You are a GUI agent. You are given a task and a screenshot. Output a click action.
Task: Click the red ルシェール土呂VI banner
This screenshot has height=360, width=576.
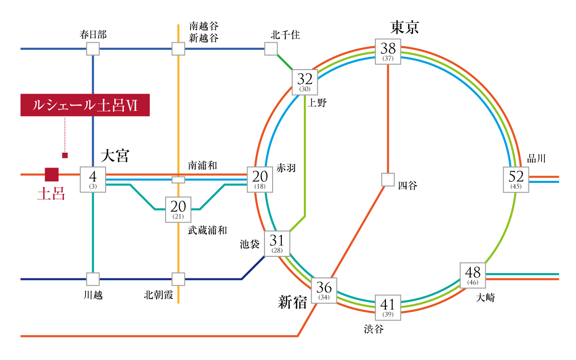pyautogui.click(x=85, y=105)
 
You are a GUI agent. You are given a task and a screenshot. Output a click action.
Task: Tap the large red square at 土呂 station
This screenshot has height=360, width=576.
pyautogui.click(x=52, y=175)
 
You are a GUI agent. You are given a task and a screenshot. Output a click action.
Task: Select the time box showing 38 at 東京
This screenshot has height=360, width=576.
pyautogui.click(x=388, y=52)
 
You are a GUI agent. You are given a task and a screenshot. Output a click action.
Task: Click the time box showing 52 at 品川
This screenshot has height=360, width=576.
pyautogui.click(x=516, y=180)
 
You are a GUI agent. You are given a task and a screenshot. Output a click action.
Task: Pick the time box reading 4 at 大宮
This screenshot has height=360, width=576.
pyautogui.click(x=93, y=180)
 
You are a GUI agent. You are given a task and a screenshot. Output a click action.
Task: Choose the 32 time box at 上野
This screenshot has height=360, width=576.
pyautogui.click(x=305, y=82)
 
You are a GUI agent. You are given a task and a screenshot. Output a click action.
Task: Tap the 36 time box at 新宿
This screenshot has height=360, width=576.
pyautogui.click(x=324, y=290)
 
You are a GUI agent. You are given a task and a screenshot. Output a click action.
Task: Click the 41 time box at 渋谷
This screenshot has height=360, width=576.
pyautogui.click(x=388, y=308)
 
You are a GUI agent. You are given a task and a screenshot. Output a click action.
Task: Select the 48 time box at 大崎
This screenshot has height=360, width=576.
pyautogui.click(x=473, y=276)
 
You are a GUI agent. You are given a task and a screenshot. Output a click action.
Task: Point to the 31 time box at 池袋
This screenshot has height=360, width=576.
pyautogui.click(x=277, y=243)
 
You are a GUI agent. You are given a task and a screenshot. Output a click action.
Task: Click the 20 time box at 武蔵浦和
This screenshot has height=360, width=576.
pyautogui.click(x=178, y=210)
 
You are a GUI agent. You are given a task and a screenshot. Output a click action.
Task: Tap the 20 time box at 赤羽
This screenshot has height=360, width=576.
pyautogui.click(x=260, y=180)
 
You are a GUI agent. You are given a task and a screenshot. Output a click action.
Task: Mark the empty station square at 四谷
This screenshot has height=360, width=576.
pyautogui.click(x=388, y=180)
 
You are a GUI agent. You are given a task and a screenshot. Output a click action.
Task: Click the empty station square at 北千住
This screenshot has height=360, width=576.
pyautogui.click(x=271, y=48)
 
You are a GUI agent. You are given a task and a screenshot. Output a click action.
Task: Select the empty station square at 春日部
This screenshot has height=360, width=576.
pyautogui.click(x=93, y=48)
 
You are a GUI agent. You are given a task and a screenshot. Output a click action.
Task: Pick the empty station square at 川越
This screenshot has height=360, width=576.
pyautogui.click(x=93, y=279)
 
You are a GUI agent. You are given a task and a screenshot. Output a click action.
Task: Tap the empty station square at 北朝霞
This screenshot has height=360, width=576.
pyautogui.click(x=178, y=279)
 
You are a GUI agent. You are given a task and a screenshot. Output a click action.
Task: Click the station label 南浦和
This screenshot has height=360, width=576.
pyautogui.click(x=203, y=165)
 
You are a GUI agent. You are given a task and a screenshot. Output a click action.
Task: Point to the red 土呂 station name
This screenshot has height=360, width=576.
pyautogui.click(x=51, y=193)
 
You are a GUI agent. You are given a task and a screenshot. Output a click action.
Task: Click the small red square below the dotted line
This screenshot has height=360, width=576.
pyautogui.click(x=65, y=156)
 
